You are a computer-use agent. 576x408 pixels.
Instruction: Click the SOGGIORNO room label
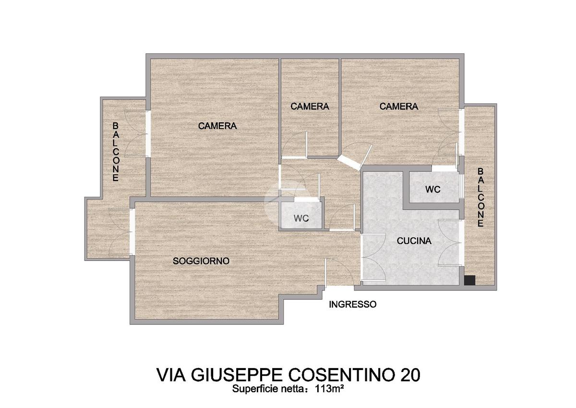201,261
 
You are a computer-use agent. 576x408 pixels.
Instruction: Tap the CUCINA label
414,241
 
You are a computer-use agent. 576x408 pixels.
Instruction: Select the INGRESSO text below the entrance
353,304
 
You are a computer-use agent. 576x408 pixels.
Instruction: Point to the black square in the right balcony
469,280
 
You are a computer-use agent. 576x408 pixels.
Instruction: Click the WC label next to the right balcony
433,190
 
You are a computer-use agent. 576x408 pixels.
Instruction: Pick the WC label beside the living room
301,218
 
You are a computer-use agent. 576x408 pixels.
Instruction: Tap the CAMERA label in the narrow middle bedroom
310,107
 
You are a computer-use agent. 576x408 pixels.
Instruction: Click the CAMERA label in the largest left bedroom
217,126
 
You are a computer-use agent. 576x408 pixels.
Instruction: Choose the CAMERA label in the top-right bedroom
399,107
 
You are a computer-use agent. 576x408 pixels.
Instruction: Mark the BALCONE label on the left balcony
116,152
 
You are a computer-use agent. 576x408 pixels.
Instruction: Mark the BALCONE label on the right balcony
480,197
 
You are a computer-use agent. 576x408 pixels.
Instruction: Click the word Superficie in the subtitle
249,389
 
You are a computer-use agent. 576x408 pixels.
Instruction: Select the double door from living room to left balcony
121,232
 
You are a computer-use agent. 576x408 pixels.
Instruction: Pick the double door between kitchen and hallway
373,258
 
